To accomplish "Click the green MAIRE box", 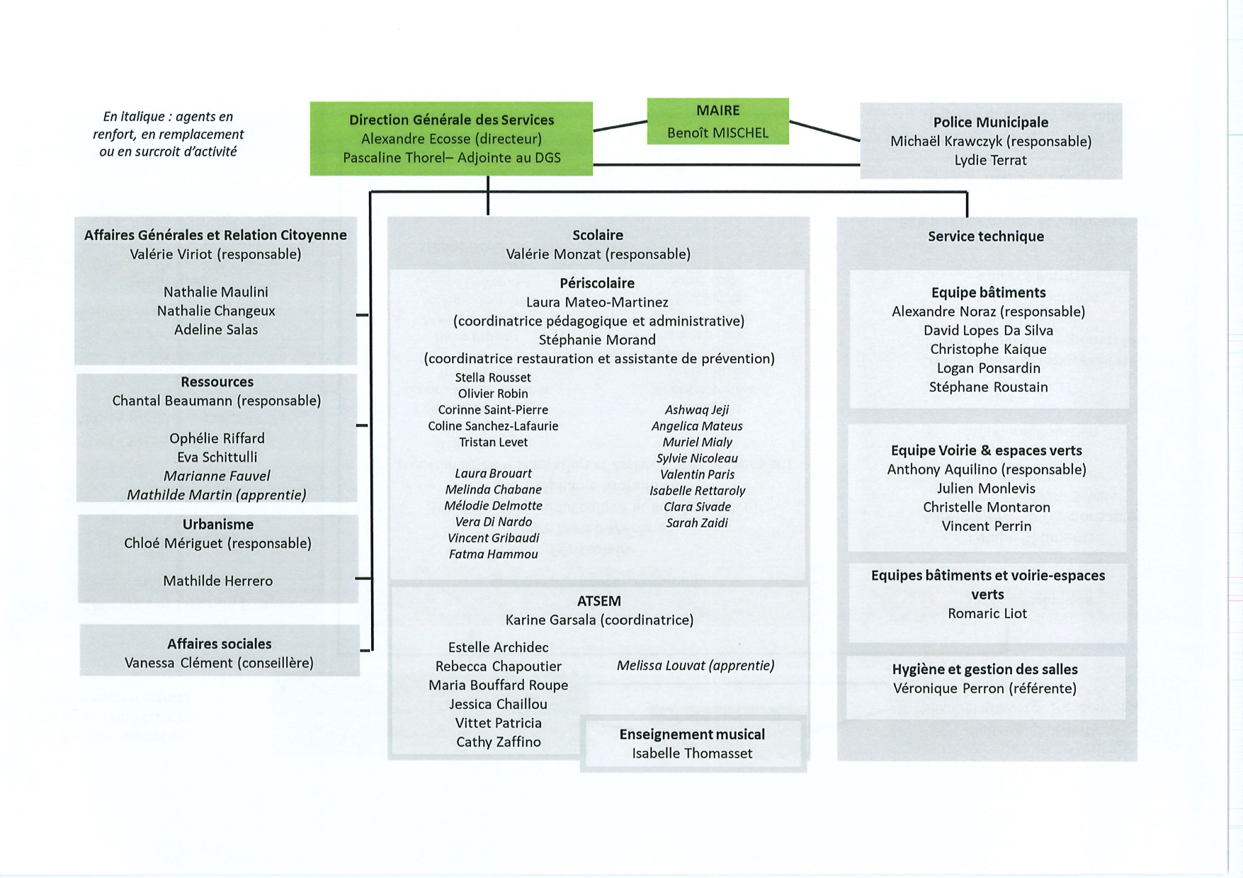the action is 717,121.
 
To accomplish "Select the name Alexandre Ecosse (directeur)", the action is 451,139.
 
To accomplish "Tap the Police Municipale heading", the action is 990,122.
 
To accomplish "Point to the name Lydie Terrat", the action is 990,160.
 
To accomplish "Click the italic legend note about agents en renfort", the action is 169,134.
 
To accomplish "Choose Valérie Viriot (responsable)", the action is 215,254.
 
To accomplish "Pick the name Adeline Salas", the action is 216,329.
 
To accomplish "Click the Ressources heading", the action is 217,382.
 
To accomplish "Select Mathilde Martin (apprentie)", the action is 217,495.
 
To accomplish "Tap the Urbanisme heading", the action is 218,525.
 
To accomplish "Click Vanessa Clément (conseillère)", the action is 219,663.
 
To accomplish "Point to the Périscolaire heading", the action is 597,283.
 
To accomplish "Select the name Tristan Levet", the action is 493,442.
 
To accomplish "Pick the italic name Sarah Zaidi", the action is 697,523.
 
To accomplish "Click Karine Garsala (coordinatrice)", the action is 599,620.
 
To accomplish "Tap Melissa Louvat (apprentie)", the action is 696,666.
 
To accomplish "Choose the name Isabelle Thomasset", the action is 692,753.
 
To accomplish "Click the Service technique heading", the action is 986,236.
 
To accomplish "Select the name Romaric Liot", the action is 987,613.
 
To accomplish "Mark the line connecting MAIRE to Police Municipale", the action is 825,131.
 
